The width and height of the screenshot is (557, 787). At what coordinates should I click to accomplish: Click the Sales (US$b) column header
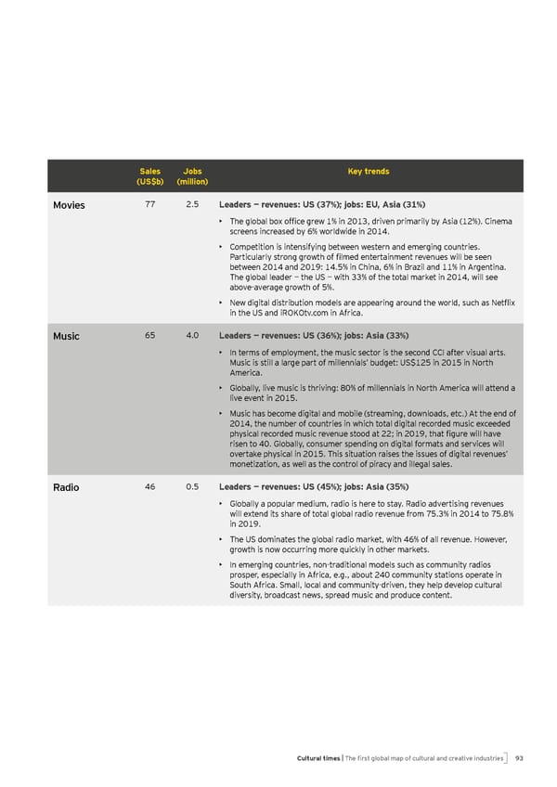click(x=149, y=176)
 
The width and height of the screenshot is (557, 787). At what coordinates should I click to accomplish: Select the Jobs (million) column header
click(x=193, y=176)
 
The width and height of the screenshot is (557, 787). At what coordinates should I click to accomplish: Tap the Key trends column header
click(x=369, y=172)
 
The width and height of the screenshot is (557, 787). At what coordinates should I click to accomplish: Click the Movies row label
click(x=69, y=205)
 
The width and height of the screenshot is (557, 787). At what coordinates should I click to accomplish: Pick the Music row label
click(x=66, y=336)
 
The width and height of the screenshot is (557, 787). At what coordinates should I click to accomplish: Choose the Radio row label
click(x=66, y=487)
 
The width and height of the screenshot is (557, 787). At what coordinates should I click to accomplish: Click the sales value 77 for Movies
click(x=149, y=204)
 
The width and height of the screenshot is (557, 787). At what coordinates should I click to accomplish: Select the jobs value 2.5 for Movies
click(x=192, y=204)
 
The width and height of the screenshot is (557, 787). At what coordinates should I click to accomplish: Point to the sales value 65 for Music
click(x=149, y=335)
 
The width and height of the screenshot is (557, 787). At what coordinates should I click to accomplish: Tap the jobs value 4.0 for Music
click(x=192, y=335)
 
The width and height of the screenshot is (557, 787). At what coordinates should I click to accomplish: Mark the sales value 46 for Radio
click(x=149, y=486)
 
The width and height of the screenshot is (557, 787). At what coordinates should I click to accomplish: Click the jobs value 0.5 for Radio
click(x=192, y=486)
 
